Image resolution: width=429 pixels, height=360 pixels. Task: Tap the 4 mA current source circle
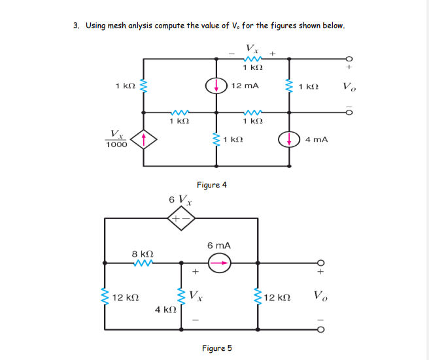coord(288,139)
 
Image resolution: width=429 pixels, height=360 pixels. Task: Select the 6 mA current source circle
coord(219,263)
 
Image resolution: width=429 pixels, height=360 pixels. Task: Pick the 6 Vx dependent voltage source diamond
coord(181,220)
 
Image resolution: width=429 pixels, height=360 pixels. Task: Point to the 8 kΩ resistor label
coord(143,252)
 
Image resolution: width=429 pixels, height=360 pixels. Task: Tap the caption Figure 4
coord(212,185)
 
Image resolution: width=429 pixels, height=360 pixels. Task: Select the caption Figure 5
coord(216,348)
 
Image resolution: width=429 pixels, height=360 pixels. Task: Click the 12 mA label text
coord(245,86)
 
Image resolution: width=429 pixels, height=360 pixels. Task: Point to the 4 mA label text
coord(317,139)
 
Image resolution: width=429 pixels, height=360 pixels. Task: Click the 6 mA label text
coord(219,245)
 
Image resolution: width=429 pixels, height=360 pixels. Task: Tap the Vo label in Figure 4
coord(349,87)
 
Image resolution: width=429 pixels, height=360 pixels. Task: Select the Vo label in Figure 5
coord(320,296)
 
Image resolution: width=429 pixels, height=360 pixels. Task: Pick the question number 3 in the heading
coord(76,26)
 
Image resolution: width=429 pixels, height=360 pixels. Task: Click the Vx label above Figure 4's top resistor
coord(251,48)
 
